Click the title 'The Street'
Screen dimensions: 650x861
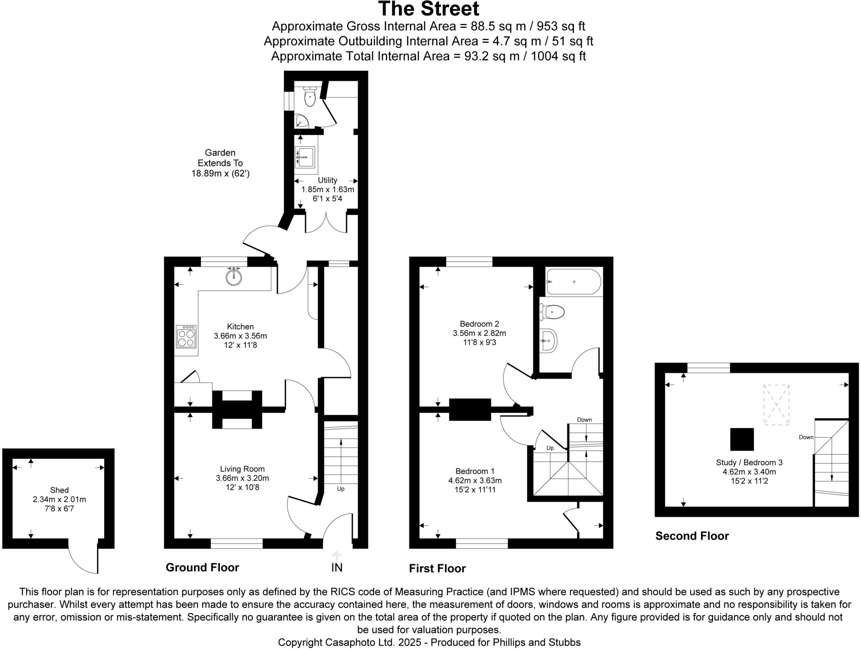tap(428, 9)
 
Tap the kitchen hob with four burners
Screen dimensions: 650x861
tap(186, 337)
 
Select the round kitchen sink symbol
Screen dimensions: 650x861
tap(234, 276)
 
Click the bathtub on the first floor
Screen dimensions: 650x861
tap(573, 282)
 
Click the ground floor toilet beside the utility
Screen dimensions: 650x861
tap(310, 98)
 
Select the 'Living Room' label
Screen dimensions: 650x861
tap(242, 469)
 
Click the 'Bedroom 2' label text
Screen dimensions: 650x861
tap(479, 324)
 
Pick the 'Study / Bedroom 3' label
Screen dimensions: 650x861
tap(749, 462)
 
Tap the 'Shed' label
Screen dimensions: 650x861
tap(59, 490)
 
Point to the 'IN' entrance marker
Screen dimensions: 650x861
tap(337, 568)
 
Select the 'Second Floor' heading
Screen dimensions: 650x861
tap(692, 536)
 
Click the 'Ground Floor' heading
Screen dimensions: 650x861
tap(202, 568)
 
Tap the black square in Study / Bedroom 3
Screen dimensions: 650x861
tap(742, 439)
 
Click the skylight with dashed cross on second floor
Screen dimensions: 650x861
tap(776, 404)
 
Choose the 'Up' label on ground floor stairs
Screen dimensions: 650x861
tap(341, 489)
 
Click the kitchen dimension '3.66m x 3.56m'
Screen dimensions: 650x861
tap(240, 336)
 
